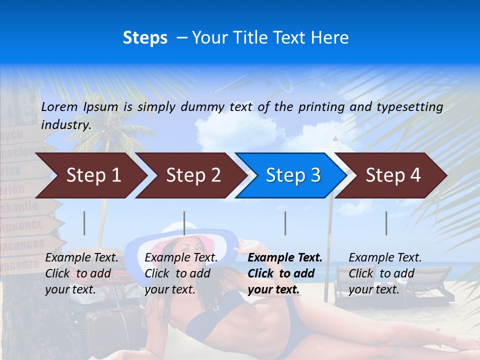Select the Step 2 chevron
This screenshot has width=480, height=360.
(193, 175)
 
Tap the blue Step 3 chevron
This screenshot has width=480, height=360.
(293, 175)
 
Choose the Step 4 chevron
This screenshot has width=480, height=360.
(393, 175)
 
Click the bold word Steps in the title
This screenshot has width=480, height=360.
(145, 37)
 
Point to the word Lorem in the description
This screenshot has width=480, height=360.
(59, 106)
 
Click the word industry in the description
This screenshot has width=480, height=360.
(66, 125)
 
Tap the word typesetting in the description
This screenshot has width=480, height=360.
(409, 106)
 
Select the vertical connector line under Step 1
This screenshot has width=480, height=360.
(84, 223)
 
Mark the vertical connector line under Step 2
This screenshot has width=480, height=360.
(184, 223)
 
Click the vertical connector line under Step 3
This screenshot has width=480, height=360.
(285, 223)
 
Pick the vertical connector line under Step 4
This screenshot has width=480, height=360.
(386, 223)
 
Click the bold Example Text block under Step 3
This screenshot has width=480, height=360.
(285, 273)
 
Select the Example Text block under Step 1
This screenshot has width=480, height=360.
(82, 273)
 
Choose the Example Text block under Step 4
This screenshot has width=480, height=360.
(385, 273)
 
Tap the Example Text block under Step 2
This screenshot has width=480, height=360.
(181, 273)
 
